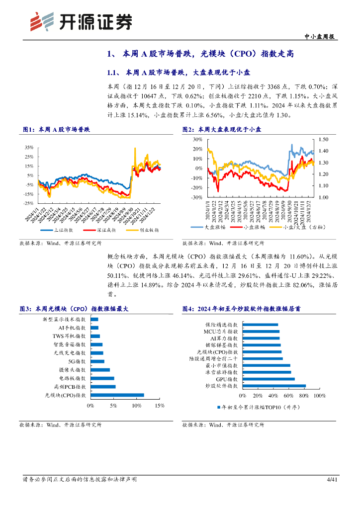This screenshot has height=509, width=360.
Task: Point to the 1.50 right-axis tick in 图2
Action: pos(324,140)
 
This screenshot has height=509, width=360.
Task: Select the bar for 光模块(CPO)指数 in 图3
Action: pos(118,395)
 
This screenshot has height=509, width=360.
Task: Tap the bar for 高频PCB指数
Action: pos(103,386)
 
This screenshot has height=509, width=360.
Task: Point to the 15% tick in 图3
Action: pos(160,406)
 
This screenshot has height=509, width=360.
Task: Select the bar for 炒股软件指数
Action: pos(274,385)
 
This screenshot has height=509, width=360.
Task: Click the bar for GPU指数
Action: pos(269,378)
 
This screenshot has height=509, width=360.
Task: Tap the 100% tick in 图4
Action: pos(319,396)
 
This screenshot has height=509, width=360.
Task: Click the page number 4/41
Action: pos(332,480)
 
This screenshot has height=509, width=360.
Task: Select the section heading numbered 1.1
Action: pos(161,72)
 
